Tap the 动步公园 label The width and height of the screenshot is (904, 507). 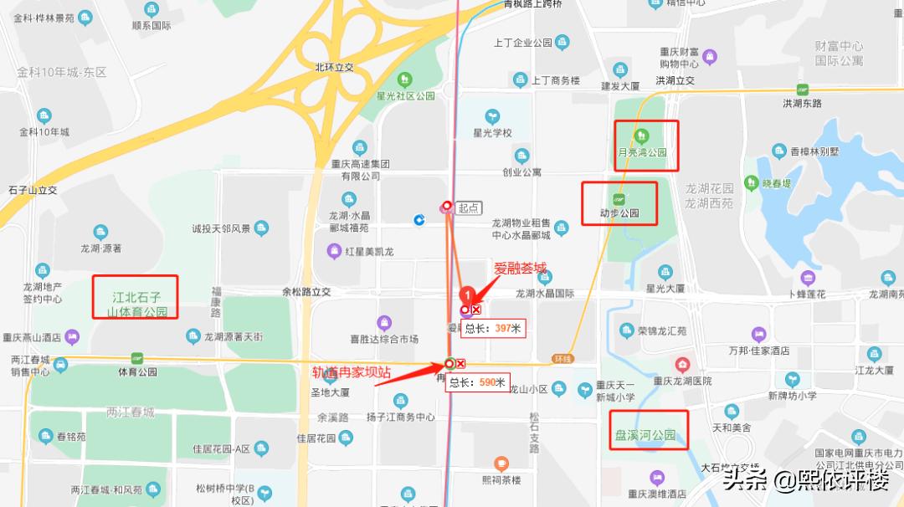[619, 213]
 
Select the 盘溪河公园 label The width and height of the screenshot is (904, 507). [645, 435]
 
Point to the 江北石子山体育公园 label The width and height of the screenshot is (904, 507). [137, 305]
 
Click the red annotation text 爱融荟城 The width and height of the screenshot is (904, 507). [520, 269]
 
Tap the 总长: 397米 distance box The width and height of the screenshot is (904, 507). [494, 329]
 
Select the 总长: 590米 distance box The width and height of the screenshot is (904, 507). [478, 382]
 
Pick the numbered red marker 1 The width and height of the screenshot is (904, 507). [468, 294]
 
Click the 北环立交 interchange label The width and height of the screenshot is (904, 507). [335, 67]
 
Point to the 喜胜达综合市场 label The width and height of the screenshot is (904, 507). [384, 339]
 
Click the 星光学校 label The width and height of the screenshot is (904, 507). [492, 132]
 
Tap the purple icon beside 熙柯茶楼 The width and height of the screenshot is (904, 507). [501, 463]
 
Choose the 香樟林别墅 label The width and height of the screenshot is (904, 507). [815, 152]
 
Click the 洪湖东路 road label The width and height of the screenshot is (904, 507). [802, 103]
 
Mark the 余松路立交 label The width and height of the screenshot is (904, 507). [306, 292]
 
